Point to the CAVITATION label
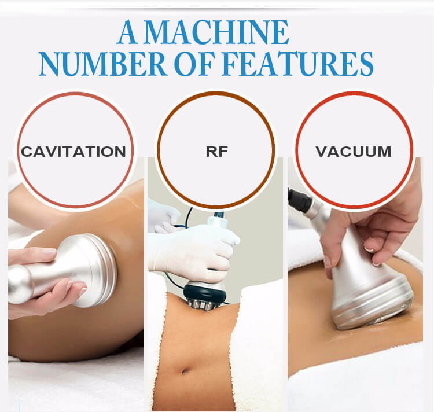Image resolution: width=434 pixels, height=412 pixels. pyautogui.click(x=73, y=152)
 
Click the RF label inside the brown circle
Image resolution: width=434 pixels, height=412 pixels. pyautogui.click(x=217, y=152)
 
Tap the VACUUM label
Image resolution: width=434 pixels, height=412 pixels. pyautogui.click(x=354, y=152)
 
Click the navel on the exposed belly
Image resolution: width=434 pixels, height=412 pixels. pyautogui.click(x=183, y=370)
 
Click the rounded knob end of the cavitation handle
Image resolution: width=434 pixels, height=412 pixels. pyautogui.click(x=19, y=284)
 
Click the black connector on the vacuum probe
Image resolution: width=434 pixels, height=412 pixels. pyautogui.click(x=300, y=199)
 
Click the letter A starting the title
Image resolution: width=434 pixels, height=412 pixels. pyautogui.click(x=127, y=32)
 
